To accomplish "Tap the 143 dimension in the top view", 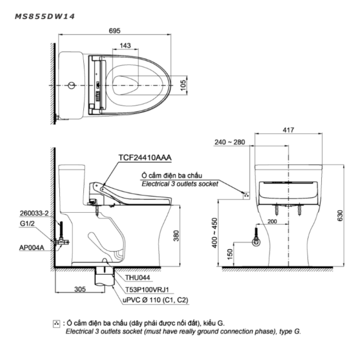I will (x=125, y=46).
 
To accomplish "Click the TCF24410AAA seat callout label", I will (x=145, y=158).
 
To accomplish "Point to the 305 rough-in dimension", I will (x=80, y=290).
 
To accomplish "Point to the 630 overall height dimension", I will (x=340, y=217).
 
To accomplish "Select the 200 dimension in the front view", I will (x=274, y=221).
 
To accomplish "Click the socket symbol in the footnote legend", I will (x=56, y=323).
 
